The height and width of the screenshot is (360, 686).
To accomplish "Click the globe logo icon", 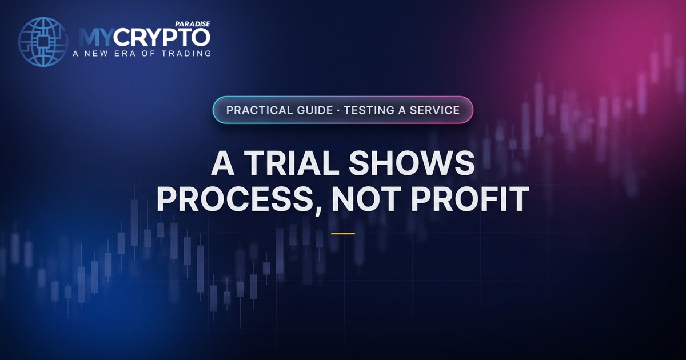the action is click(x=43, y=42).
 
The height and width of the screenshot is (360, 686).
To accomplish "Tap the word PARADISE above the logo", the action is click(x=192, y=24).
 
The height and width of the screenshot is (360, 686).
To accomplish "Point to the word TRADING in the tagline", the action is click(x=186, y=54).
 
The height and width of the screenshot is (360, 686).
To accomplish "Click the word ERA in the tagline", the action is click(x=125, y=54).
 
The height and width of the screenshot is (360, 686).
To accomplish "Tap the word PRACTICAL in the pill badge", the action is click(x=254, y=110).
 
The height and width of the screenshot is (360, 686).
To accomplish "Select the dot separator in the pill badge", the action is click(x=338, y=110).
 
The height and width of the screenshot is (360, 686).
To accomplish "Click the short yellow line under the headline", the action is click(x=343, y=234).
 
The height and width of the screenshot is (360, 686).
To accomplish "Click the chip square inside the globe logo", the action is click(x=43, y=42).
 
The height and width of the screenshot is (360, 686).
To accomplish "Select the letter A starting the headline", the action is click(x=223, y=163).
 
